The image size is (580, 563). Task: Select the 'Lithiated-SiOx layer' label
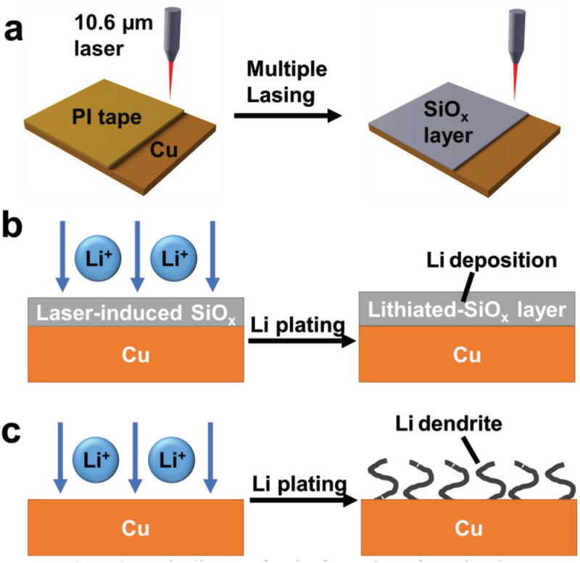point(467,309)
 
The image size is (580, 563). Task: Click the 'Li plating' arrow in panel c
point(303,500)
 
